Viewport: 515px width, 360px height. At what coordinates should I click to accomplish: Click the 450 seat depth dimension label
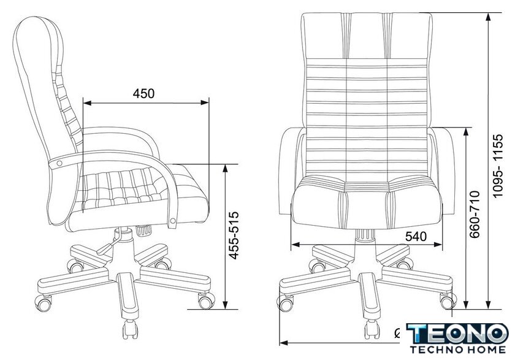pyautogui.click(x=143, y=94)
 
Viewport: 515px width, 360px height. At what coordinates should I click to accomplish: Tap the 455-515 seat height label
pyautogui.click(x=234, y=236)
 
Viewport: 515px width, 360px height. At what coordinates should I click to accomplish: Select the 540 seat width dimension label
pyautogui.click(x=416, y=236)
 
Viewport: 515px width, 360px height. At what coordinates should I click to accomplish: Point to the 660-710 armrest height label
pyautogui.click(x=475, y=214)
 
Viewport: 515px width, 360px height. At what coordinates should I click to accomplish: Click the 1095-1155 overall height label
pyautogui.click(x=498, y=165)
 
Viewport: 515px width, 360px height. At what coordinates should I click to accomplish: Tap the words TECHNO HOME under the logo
pyautogui.click(x=458, y=350)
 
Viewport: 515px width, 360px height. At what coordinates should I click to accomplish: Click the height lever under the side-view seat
pyautogui.click(x=107, y=247)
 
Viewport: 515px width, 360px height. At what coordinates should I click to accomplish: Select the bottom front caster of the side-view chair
pyautogui.click(x=130, y=329)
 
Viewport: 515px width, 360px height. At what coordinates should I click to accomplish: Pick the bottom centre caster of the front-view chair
pyautogui.click(x=372, y=329)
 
